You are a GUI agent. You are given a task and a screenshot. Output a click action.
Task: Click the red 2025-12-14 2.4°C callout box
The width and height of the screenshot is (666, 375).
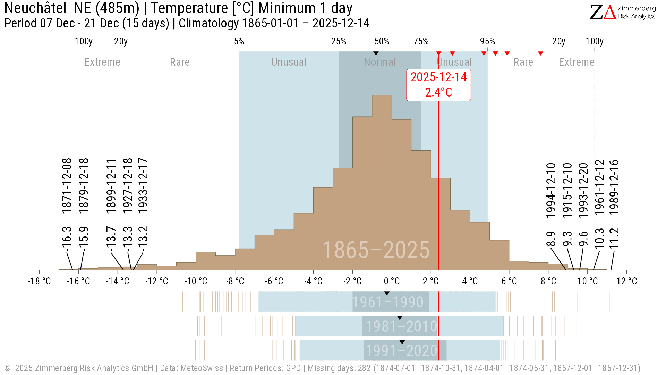438,85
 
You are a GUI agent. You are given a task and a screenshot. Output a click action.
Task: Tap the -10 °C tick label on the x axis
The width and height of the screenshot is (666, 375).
196,281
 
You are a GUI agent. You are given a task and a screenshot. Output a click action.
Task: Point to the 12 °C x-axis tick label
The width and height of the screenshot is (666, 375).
626,281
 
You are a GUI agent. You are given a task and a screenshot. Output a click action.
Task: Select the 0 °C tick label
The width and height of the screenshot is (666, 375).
392,281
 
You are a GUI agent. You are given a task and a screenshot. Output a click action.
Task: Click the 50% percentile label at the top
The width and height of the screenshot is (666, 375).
382,41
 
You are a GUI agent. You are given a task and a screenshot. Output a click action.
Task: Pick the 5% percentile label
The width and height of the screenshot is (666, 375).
239,41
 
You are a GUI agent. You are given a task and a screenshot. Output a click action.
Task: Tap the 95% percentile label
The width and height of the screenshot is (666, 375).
487,41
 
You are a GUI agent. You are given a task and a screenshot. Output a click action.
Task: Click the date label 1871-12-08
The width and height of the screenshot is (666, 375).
67,185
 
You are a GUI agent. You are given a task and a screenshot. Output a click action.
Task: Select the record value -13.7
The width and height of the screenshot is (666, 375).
111,237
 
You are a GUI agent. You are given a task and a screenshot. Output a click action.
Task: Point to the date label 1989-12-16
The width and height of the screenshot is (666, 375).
614,187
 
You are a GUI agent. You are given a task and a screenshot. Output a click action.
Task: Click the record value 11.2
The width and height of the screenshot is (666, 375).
614,238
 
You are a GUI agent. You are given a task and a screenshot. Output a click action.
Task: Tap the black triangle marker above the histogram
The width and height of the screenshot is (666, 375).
376,53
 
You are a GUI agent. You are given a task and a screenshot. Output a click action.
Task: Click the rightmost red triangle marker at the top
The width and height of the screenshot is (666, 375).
540,53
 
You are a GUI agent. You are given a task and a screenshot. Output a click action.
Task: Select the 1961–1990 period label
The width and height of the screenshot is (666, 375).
388,302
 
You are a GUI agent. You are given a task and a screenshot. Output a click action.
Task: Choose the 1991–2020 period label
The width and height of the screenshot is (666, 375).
402,351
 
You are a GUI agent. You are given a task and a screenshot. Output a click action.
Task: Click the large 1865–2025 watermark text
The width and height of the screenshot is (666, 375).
376,250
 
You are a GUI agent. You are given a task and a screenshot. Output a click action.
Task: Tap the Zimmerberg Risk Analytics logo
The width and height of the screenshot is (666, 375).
623,12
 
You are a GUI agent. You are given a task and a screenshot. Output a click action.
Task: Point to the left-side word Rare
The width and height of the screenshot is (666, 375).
180,62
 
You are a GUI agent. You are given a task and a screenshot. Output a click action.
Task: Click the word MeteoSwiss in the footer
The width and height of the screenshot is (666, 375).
202,368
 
